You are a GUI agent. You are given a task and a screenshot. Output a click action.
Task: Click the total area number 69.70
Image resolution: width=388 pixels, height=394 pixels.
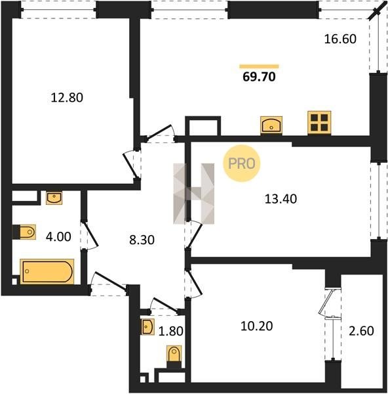point(259,77)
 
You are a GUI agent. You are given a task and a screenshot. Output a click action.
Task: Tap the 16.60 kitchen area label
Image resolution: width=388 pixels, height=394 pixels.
point(340,39)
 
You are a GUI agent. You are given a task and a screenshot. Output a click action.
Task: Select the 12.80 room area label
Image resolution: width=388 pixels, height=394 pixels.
point(67,98)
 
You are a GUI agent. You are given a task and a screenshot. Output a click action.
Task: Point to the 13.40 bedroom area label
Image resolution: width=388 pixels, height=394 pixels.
point(281,199)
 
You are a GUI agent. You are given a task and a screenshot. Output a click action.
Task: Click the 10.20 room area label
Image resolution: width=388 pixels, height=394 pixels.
point(256,326)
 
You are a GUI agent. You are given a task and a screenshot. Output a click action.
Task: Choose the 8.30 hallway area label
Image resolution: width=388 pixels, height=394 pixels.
point(142,240)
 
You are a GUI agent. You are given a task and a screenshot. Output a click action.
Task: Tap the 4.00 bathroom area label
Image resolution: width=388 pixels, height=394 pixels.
point(58,236)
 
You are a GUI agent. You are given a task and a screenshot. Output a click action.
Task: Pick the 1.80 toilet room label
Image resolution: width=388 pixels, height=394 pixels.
point(171,331)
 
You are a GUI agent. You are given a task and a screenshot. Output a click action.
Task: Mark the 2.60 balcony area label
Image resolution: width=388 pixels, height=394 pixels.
point(361,331)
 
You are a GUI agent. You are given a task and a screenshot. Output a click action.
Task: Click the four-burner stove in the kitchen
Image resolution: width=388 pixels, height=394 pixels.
point(319,123)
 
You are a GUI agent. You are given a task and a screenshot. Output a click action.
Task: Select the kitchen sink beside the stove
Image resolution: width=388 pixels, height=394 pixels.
point(271,125)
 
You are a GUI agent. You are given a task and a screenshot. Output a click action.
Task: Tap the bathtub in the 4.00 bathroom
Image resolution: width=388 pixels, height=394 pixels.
point(47,272)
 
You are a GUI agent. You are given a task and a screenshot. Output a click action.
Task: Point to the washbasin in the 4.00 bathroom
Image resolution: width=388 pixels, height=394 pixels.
point(54,198)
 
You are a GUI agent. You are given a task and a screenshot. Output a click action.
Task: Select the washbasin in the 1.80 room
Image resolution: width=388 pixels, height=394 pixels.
point(147,327)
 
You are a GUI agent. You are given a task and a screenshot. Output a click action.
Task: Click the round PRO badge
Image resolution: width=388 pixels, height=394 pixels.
point(242,164)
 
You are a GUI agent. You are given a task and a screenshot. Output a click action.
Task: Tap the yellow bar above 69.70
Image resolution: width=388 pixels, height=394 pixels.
point(259,66)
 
